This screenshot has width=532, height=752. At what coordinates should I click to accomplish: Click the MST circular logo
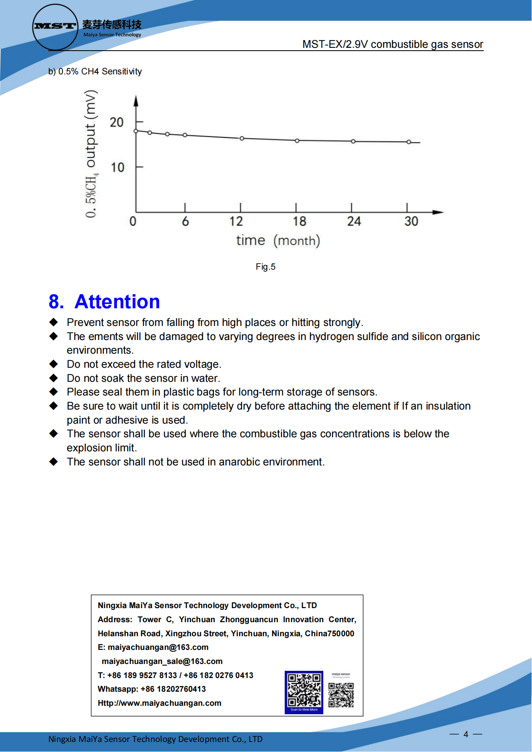click(x=55, y=27)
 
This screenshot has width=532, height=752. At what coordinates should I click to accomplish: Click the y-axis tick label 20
click(x=117, y=122)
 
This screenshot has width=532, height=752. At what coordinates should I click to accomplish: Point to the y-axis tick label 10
click(x=117, y=167)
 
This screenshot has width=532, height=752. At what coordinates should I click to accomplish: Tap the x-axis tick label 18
click(x=299, y=221)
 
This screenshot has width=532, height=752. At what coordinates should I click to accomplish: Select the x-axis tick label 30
click(x=411, y=221)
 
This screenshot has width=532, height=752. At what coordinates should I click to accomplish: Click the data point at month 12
click(x=242, y=138)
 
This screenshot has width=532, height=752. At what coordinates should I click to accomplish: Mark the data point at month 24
click(x=353, y=141)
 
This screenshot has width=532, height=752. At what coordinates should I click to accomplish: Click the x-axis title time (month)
click(x=278, y=240)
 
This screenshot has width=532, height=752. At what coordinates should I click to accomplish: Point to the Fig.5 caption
click(x=265, y=267)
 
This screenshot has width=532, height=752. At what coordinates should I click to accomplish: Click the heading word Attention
click(x=117, y=302)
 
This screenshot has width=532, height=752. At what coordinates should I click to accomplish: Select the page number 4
click(x=466, y=734)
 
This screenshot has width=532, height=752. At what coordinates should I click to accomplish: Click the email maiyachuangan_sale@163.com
click(x=162, y=661)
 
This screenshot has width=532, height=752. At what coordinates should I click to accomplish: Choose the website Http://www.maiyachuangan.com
click(x=160, y=703)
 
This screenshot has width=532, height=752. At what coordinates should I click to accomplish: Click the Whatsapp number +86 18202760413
click(x=173, y=689)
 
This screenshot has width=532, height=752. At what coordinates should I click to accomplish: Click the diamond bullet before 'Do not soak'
click(x=53, y=378)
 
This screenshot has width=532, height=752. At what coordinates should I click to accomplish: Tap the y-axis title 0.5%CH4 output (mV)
click(x=91, y=154)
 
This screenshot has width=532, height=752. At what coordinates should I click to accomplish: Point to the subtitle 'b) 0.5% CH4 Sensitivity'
click(x=95, y=72)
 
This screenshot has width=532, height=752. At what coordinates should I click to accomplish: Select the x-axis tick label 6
click(x=185, y=221)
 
